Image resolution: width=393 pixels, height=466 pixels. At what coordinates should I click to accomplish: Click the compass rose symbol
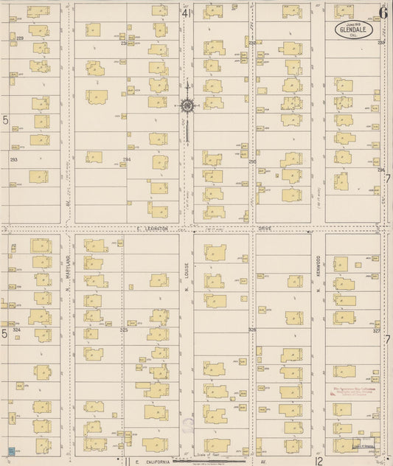pos(187,105)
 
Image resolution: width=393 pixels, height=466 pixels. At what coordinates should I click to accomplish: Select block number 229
pos(20,38)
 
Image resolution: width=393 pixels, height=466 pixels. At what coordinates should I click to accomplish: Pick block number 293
pos(13,159)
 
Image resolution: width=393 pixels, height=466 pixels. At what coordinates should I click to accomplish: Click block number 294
pos(127,159)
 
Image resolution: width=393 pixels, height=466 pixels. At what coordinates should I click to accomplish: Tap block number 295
pos(252,161)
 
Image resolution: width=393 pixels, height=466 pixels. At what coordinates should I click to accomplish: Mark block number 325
pos(124,330)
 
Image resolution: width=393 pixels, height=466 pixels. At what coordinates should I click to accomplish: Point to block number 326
pos(252,330)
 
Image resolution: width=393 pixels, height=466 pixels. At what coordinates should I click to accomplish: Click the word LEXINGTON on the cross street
pos(153,229)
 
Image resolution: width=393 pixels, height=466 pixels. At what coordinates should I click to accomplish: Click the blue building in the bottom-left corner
pos(10,449)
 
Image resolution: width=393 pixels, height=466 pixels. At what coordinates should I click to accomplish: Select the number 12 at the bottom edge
pos(319,461)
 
